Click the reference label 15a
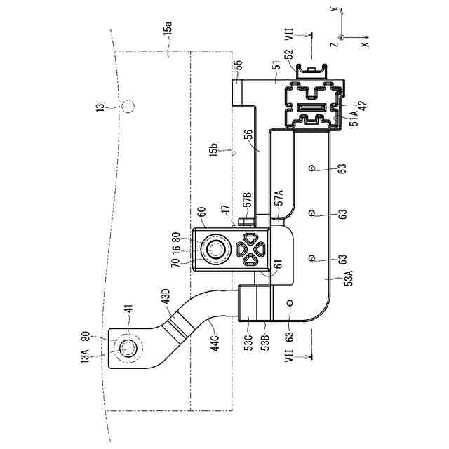[x=168, y=29]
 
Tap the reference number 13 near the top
[x=100, y=107]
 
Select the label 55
[x=238, y=65]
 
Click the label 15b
[x=214, y=149]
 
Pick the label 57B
[x=247, y=199]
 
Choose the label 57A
[x=279, y=198]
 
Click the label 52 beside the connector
[x=288, y=55]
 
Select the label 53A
[x=349, y=278]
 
